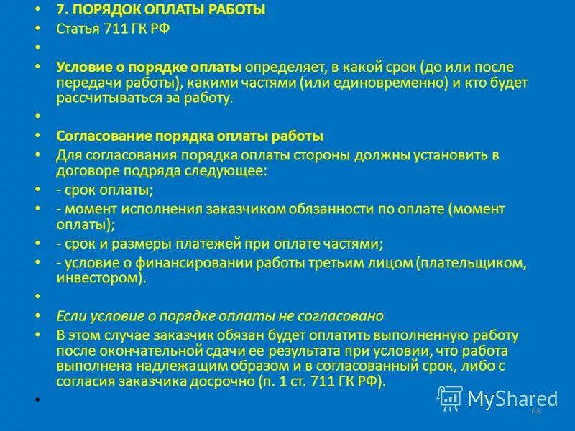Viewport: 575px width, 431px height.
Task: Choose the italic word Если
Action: click(x=69, y=316)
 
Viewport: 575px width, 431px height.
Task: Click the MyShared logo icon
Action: click(x=450, y=397)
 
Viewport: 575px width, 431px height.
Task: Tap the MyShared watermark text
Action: click(x=512, y=399)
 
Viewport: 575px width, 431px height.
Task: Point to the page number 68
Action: click(x=535, y=412)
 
